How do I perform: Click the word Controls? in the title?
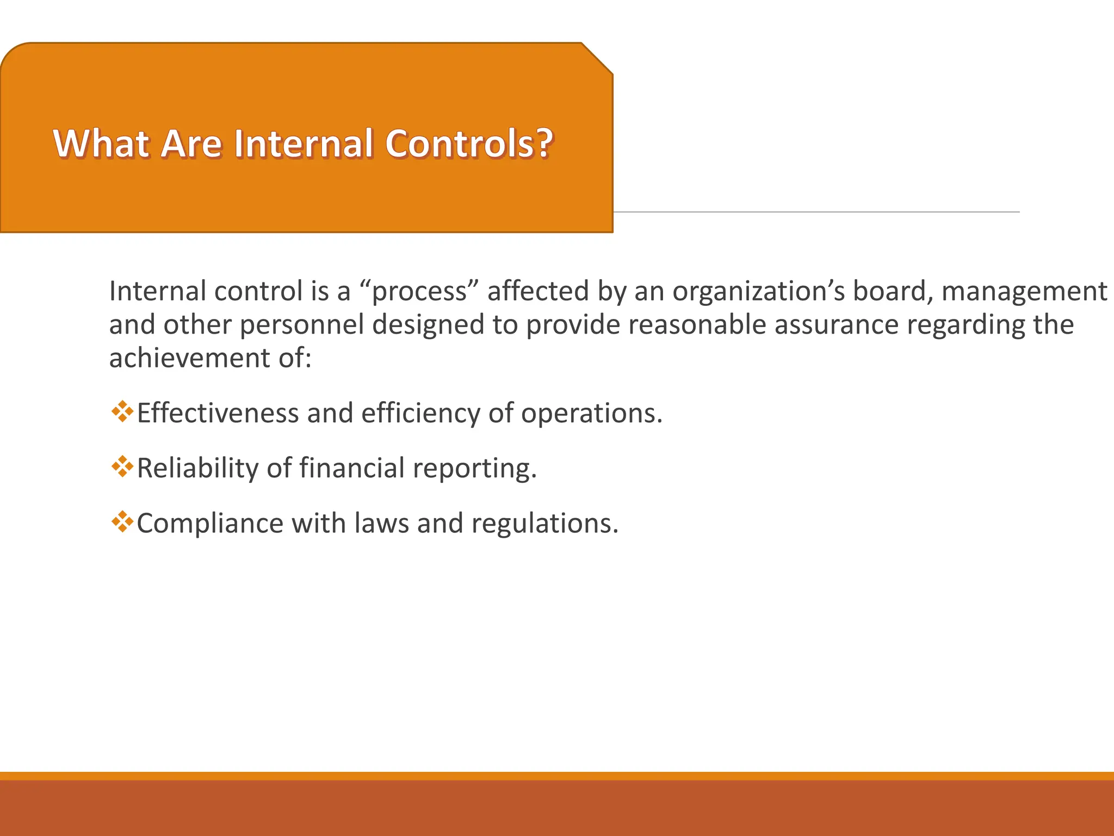pyautogui.click(x=469, y=144)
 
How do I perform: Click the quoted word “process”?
pyautogui.click(x=419, y=292)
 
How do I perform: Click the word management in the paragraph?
pyautogui.click(x=1024, y=292)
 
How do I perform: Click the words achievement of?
pyautogui.click(x=210, y=358)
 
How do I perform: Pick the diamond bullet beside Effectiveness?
pyautogui.click(x=122, y=411)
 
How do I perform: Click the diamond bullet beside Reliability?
pyautogui.click(x=122, y=466)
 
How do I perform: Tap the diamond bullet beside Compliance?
pyautogui.click(x=122, y=521)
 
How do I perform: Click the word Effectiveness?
pyautogui.click(x=218, y=413)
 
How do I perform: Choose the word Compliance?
pyautogui.click(x=210, y=524)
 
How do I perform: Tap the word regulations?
pyautogui.click(x=544, y=524)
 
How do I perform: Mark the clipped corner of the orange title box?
pyautogui.click(x=597, y=58)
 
